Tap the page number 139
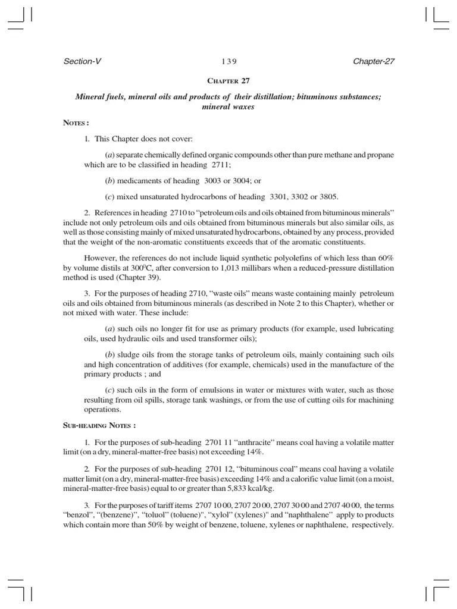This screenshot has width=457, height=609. (x=229, y=61)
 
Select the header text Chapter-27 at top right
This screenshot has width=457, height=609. (x=374, y=61)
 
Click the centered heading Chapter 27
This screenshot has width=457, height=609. (x=228, y=81)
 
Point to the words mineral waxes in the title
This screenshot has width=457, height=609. (x=228, y=108)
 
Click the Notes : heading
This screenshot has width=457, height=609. (x=76, y=123)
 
